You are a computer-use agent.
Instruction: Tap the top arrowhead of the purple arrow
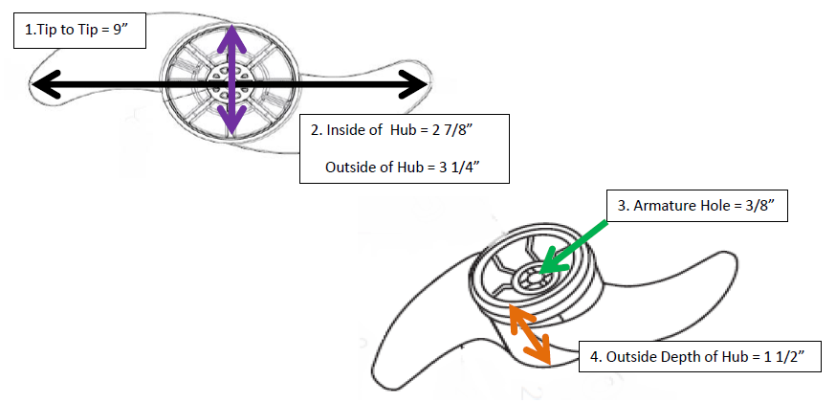coord(227,34)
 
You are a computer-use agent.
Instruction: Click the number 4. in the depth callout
coord(595,356)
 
